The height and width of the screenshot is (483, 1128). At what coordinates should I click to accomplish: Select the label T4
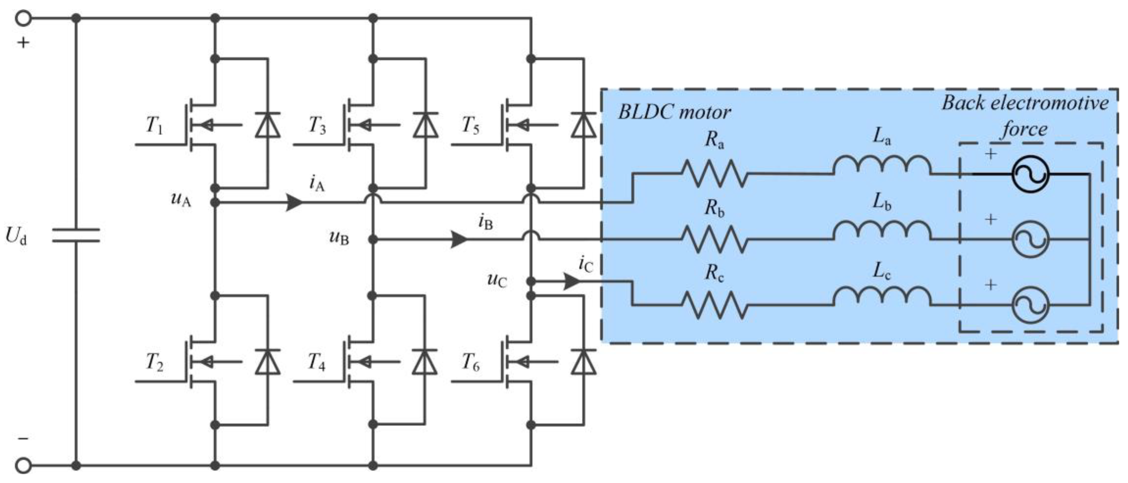point(316,363)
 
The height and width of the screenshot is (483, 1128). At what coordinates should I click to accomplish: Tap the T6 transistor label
point(471,363)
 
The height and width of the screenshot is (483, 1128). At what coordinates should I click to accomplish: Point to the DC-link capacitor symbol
point(76,235)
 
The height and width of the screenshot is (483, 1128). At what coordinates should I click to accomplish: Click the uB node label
point(339,238)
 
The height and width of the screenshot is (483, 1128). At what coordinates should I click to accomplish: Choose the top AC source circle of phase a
point(1030,174)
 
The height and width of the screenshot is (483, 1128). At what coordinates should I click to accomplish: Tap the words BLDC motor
point(674,113)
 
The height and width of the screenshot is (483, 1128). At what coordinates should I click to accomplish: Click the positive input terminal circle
point(23,18)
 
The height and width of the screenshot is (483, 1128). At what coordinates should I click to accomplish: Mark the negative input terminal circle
point(23,465)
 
